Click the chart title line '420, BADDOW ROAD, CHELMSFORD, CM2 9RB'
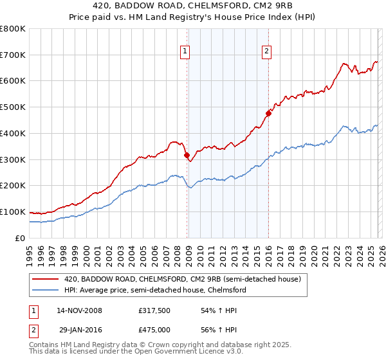(x=193, y=5)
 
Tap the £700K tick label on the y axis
(x=13, y=55)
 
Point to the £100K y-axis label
(x=13, y=212)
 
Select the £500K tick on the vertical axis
(x=13, y=107)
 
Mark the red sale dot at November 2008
(x=187, y=155)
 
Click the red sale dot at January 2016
(x=268, y=114)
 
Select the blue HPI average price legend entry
(x=154, y=290)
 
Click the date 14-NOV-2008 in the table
(x=79, y=310)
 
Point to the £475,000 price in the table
(x=158, y=329)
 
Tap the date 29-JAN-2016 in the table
(x=79, y=329)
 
